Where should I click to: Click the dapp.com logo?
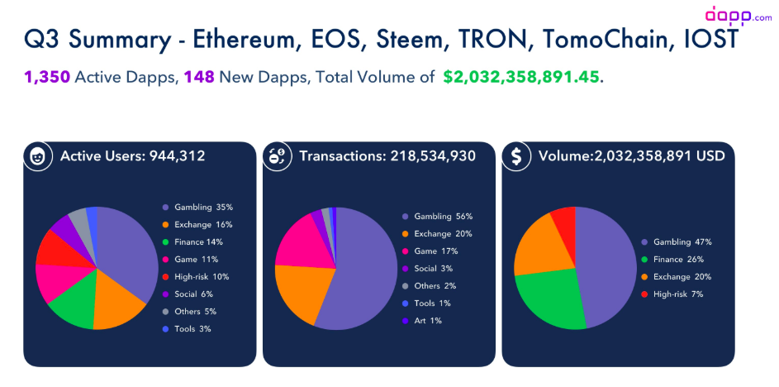[x=738, y=15]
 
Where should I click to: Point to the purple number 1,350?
[x=46, y=78]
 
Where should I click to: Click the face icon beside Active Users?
[x=38, y=156]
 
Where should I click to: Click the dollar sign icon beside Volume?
[x=516, y=156]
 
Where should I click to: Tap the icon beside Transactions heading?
[x=277, y=156]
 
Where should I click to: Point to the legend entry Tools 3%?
[x=192, y=328]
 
